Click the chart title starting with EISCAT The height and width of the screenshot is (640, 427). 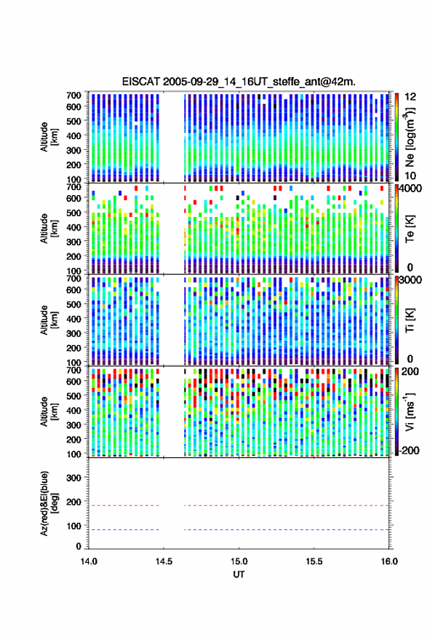coord(239,82)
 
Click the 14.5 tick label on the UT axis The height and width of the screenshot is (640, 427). coord(164,561)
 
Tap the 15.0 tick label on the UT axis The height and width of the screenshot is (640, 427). coord(239,561)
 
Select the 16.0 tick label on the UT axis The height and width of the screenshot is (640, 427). coord(389,561)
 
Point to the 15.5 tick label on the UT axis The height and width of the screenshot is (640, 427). coord(314,561)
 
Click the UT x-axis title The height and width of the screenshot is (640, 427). coord(239,574)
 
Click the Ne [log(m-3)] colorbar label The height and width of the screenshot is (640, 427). coord(410,137)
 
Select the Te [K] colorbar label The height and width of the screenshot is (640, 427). coord(410,229)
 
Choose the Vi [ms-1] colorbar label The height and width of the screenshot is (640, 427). coord(410,411)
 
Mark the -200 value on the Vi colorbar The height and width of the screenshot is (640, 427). coord(410,450)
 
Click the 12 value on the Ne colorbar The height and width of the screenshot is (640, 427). coord(410,97)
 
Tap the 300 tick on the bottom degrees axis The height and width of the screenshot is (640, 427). coord(73,478)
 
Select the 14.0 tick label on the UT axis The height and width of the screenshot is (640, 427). coord(89,561)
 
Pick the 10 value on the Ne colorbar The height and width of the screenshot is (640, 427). coord(410,175)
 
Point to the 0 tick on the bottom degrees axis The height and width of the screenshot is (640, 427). coord(79,546)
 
